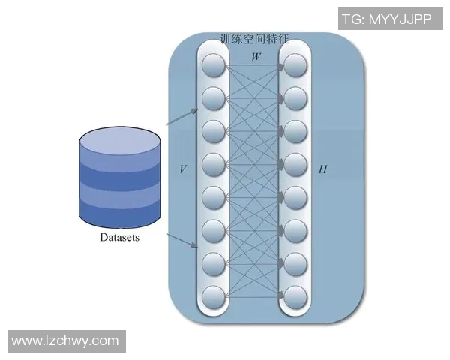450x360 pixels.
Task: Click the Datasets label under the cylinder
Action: pos(119,238)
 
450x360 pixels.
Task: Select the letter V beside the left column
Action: pos(182,169)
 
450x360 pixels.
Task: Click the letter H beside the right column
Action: pos(322,169)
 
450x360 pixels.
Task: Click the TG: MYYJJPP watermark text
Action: pos(387,19)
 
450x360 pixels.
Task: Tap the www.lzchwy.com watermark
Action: pos(65,340)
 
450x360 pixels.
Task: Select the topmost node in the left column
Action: pos(214,64)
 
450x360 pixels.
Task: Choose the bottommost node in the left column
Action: pos(214,295)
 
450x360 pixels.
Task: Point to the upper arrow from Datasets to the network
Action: pos(182,116)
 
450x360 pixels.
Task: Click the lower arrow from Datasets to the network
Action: pos(182,241)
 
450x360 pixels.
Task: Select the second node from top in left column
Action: pos(214,97)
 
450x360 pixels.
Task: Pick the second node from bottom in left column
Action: pos(214,262)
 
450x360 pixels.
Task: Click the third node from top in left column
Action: pos(214,130)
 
